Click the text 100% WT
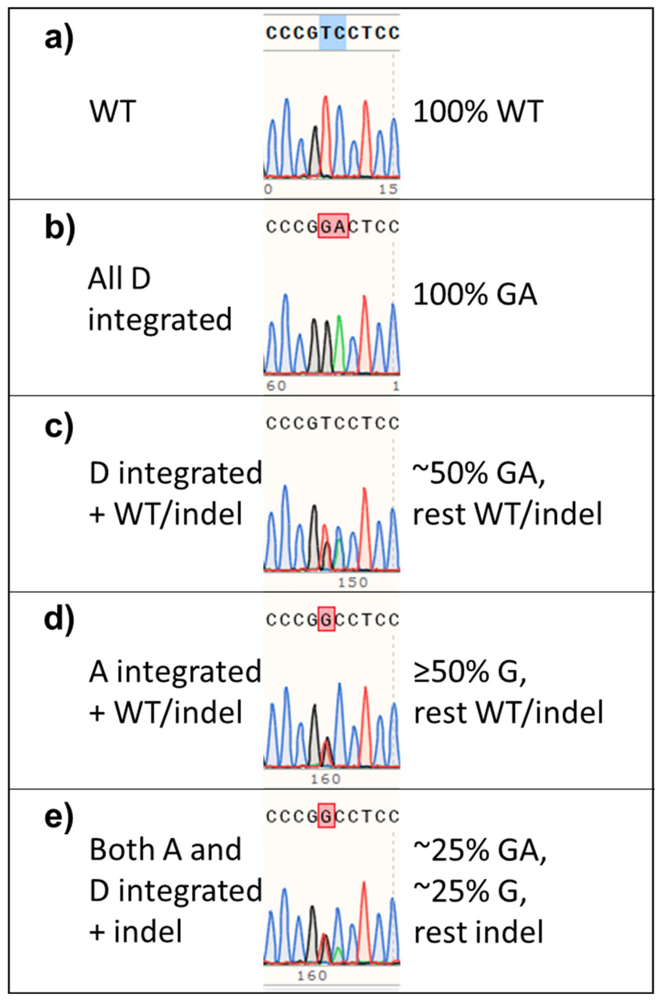(477, 112)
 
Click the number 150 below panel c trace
(353, 582)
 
